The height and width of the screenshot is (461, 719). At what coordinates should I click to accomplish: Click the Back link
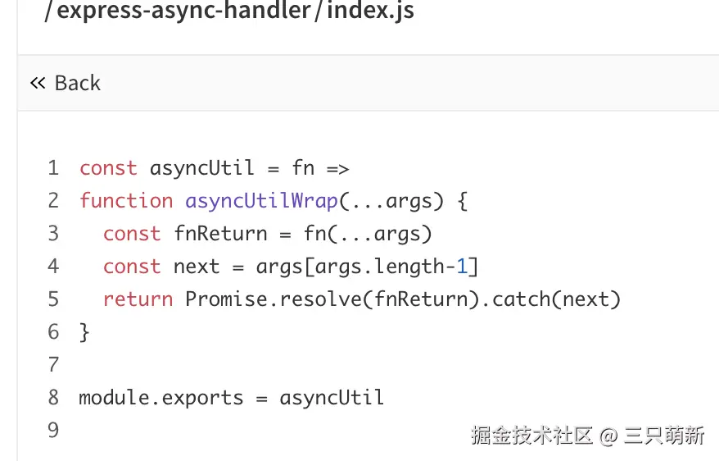(x=66, y=83)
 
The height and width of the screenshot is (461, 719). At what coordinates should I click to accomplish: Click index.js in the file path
(x=370, y=11)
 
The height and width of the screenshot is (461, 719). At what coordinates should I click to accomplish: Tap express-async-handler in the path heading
(x=185, y=11)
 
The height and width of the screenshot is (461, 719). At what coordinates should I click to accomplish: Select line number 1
(x=53, y=168)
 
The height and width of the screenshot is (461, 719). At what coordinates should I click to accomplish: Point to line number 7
(x=53, y=365)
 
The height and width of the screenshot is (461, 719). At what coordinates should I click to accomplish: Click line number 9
(x=53, y=431)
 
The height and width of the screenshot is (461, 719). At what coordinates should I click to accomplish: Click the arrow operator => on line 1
(x=338, y=168)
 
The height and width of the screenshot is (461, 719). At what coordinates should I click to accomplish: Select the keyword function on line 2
(x=126, y=201)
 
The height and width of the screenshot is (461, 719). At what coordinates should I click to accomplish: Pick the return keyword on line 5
(x=138, y=299)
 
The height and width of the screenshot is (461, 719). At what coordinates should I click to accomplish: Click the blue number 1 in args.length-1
(x=461, y=267)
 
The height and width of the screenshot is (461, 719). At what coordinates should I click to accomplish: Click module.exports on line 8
(x=161, y=398)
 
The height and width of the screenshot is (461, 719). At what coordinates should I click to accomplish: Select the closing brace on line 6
(x=84, y=332)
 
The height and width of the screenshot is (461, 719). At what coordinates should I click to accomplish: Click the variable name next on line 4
(x=197, y=267)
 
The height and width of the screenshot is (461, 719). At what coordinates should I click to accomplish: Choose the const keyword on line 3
(x=132, y=234)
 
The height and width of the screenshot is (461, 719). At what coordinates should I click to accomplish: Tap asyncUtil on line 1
(x=202, y=168)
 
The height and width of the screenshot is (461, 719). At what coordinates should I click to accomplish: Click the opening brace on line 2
(x=462, y=201)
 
